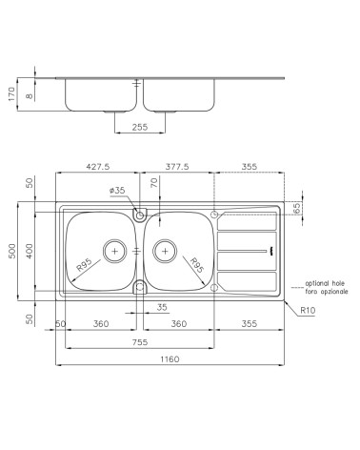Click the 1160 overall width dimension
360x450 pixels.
pos(171,358)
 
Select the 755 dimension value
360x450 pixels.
pos(139,342)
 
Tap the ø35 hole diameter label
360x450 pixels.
pos(118,191)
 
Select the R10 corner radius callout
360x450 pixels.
pos(307,310)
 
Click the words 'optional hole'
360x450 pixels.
pos(325,282)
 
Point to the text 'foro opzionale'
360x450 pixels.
pos(325,291)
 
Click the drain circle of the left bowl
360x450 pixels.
pos(115,251)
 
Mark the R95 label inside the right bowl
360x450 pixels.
pos(194,267)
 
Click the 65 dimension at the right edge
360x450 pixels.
pos(296,207)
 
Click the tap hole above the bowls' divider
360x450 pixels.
pos(140,215)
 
